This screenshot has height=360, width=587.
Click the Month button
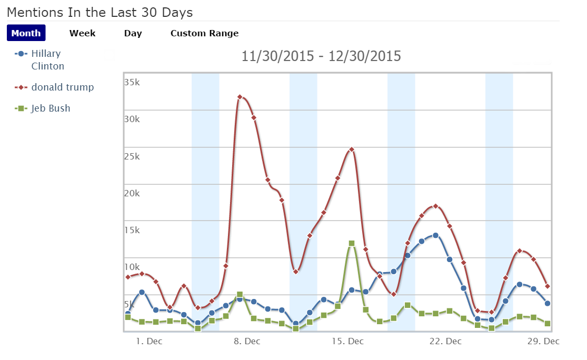click(26, 33)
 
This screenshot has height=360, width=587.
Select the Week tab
click(83, 33)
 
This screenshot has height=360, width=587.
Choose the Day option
click(133, 33)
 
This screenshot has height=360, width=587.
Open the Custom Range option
click(204, 33)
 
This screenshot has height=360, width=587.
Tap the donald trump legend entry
click(62, 87)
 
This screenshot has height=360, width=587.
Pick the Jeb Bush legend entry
click(51, 108)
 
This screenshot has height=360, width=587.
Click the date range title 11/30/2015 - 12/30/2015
click(321, 56)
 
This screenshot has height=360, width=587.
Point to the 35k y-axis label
click(132, 82)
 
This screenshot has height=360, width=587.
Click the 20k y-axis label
click(132, 193)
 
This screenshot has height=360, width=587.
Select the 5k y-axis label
click(129, 304)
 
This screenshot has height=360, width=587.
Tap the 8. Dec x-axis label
click(246, 341)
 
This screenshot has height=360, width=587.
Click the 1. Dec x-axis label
click(149, 341)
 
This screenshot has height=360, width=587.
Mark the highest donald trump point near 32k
click(240, 97)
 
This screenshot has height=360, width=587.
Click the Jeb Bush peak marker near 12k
click(352, 243)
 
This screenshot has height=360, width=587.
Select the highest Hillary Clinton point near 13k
click(435, 235)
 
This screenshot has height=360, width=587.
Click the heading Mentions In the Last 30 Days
click(100, 12)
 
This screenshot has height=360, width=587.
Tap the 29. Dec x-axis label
click(542, 341)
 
